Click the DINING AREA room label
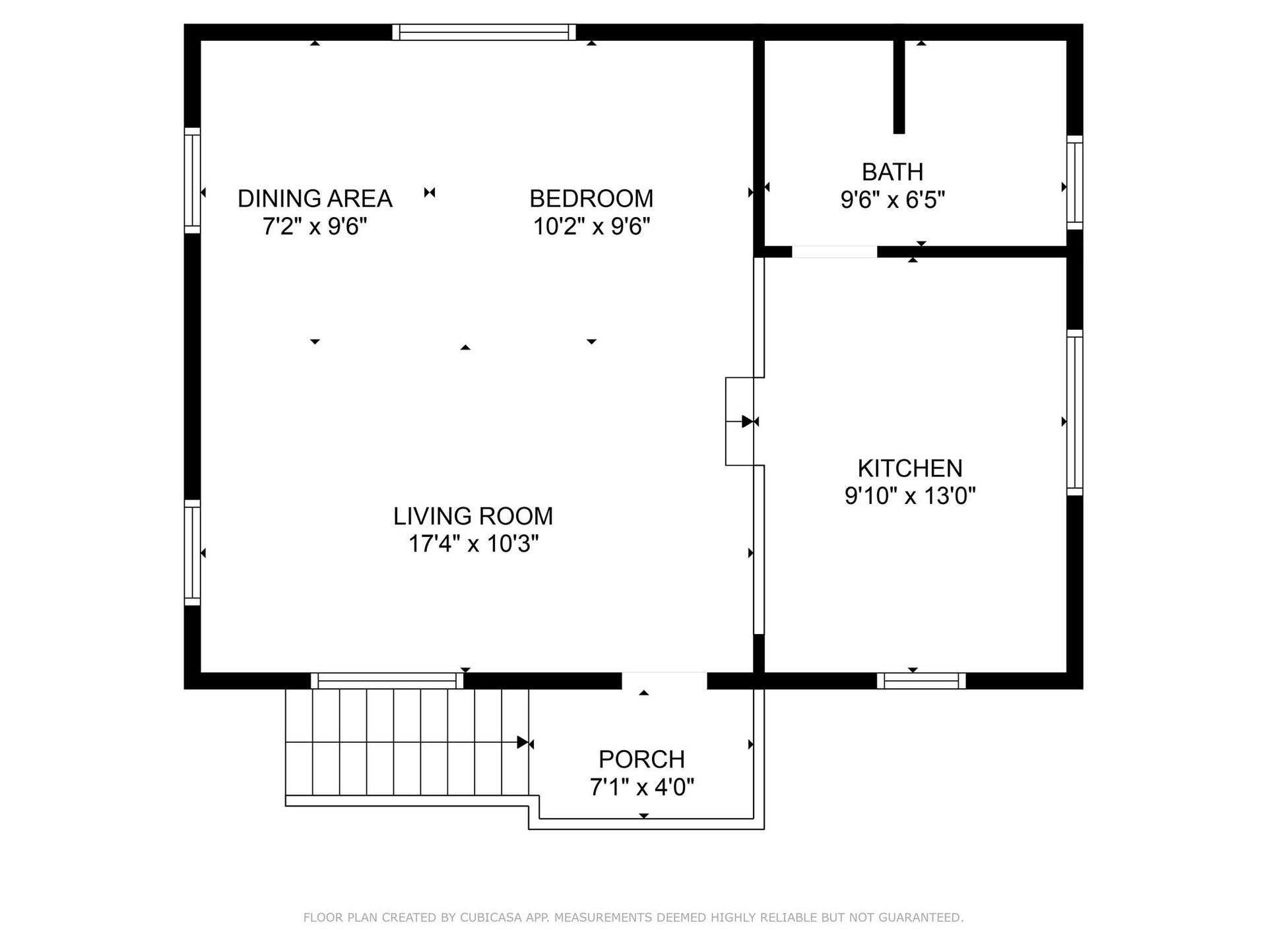point(315,199)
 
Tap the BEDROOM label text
point(591,199)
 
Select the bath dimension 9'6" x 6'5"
point(892,199)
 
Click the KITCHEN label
point(910,468)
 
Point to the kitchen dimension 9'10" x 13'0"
point(910,495)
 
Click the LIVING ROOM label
point(473,517)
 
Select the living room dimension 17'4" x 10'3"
point(473,544)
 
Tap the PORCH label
point(641,759)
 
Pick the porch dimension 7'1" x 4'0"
point(641,787)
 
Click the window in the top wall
point(484,32)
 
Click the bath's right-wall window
point(1075,183)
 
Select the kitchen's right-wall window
point(1075,412)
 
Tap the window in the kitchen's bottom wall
point(921,681)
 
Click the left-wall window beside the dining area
point(192,180)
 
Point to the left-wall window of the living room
point(192,552)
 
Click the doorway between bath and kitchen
point(834,251)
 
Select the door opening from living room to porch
point(665,681)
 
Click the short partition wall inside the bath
point(899,86)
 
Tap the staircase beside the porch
point(407,743)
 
